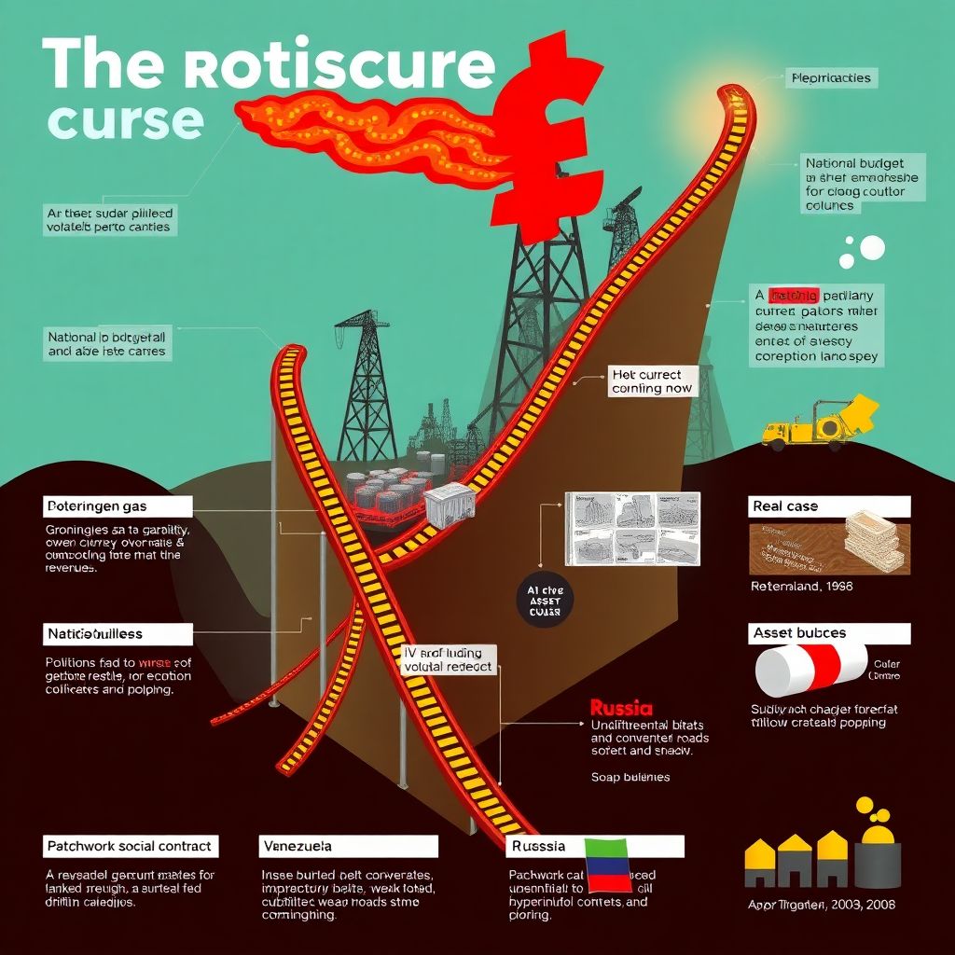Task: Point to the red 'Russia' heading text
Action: [x=622, y=708]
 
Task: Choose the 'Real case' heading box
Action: [x=829, y=506]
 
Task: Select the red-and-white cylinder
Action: [x=810, y=671]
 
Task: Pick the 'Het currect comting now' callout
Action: [x=652, y=381]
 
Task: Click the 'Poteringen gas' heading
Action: [x=118, y=506]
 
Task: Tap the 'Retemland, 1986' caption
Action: [x=801, y=587]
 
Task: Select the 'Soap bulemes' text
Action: [x=630, y=776]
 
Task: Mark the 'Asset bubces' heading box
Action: [x=829, y=633]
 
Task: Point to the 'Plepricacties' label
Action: [x=829, y=77]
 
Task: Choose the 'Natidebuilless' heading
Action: [x=118, y=633]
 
